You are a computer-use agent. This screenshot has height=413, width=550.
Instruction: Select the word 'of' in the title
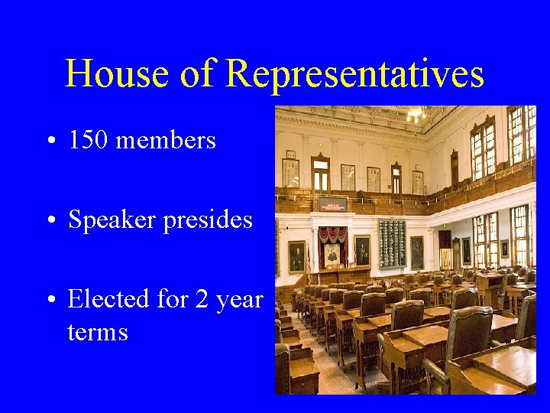pos(196,75)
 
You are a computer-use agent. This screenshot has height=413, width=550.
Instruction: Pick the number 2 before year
pos(202,299)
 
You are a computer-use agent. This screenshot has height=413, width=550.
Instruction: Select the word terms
pos(98,332)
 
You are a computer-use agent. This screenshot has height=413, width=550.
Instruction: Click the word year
pos(239,301)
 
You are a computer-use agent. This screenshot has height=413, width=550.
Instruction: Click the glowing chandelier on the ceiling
pos(415,115)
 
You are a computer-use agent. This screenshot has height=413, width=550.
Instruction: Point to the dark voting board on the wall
pos(392,243)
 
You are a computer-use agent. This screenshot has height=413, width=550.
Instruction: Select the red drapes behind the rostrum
pos(332,237)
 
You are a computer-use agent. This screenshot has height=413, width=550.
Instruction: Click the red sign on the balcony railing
pos(332,204)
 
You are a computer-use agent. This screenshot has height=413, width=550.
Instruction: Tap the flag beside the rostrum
pos(309,260)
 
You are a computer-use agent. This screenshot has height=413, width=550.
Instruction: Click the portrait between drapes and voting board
pos(362,250)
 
